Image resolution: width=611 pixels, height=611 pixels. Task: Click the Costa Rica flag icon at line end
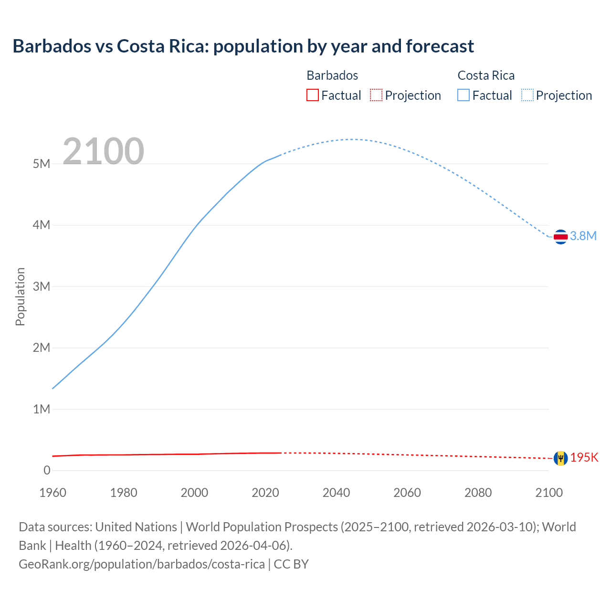[x=560, y=236]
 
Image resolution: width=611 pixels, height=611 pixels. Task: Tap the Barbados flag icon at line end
[x=560, y=458]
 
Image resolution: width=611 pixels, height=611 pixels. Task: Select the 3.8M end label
[x=583, y=236]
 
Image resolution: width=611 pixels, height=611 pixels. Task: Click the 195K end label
[x=584, y=457]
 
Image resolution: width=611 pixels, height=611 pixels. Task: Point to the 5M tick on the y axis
[x=42, y=164]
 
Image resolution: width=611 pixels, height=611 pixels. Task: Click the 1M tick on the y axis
[x=42, y=409]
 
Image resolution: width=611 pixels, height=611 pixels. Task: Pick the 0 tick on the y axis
[x=47, y=470]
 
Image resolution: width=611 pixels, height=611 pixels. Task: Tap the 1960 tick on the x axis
[x=53, y=493]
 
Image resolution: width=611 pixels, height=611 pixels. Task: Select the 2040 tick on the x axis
[x=336, y=493]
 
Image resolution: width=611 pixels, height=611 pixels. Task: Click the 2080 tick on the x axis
[x=478, y=493]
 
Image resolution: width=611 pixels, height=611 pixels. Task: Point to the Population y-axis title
[x=20, y=296]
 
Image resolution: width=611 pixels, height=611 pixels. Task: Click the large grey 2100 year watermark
[x=103, y=151]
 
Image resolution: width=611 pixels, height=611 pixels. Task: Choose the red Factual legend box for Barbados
[x=312, y=95]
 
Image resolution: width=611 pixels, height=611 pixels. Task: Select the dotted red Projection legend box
[x=376, y=95]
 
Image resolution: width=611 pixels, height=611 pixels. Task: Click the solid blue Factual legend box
[x=464, y=95]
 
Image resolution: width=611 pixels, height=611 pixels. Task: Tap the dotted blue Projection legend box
[x=527, y=95]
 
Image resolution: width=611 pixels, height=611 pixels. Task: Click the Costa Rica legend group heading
[x=486, y=75]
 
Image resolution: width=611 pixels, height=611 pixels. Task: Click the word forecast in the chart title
[x=440, y=46]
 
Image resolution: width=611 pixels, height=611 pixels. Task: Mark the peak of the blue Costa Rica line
[x=352, y=139]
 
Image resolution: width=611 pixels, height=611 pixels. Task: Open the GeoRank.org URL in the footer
[x=141, y=564]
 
